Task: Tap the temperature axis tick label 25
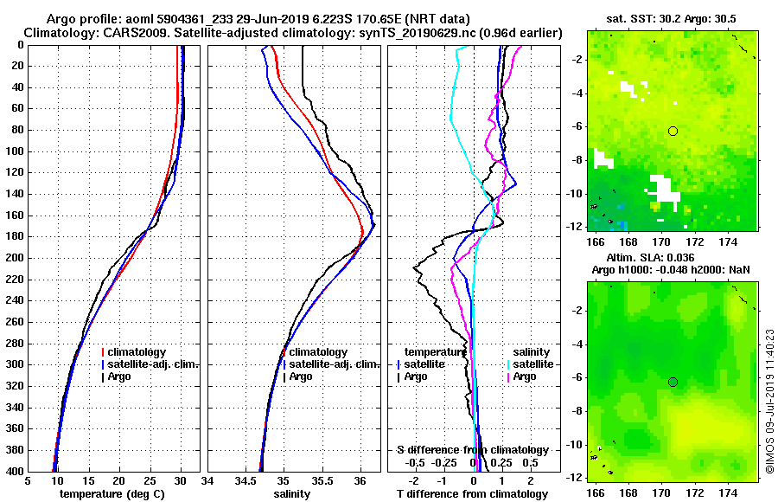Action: click(x=150, y=481)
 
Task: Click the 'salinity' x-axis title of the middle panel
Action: click(x=293, y=494)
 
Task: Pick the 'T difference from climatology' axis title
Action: click(x=473, y=494)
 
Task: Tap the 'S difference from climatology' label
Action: click(x=473, y=450)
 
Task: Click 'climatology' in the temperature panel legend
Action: click(x=137, y=352)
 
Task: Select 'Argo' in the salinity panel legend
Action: click(x=302, y=376)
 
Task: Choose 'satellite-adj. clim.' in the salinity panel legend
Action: click(x=330, y=364)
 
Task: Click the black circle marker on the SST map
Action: click(x=673, y=131)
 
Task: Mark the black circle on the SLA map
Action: click(x=673, y=382)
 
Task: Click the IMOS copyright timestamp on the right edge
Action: click(x=769, y=398)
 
